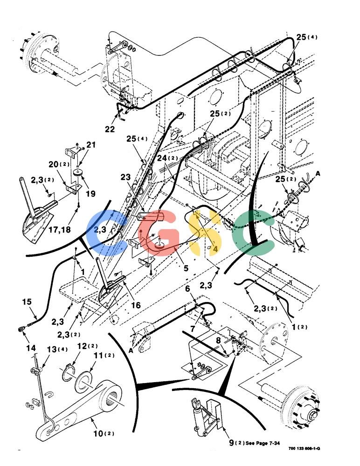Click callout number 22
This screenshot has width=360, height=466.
click(110, 129)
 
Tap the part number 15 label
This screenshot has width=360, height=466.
click(27, 302)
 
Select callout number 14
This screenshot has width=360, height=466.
click(31, 348)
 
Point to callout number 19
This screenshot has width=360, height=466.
click(90, 193)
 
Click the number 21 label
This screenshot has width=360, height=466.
click(91, 145)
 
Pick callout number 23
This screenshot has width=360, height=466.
click(125, 177)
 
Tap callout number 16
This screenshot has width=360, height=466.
click(136, 305)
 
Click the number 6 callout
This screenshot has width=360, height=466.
click(187, 288)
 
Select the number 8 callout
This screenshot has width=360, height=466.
click(218, 341)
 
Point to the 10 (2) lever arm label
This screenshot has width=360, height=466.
click(104, 433)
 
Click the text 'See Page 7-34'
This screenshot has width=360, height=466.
click(263, 443)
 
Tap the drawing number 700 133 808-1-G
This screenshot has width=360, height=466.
click(304, 448)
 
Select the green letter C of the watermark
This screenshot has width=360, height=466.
click(253, 232)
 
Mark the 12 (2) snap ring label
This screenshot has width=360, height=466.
click(88, 346)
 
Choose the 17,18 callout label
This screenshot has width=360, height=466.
click(60, 229)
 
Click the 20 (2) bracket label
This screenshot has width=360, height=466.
click(59, 164)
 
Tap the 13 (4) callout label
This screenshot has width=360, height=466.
click(57, 349)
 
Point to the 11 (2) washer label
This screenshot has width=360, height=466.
click(104, 355)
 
